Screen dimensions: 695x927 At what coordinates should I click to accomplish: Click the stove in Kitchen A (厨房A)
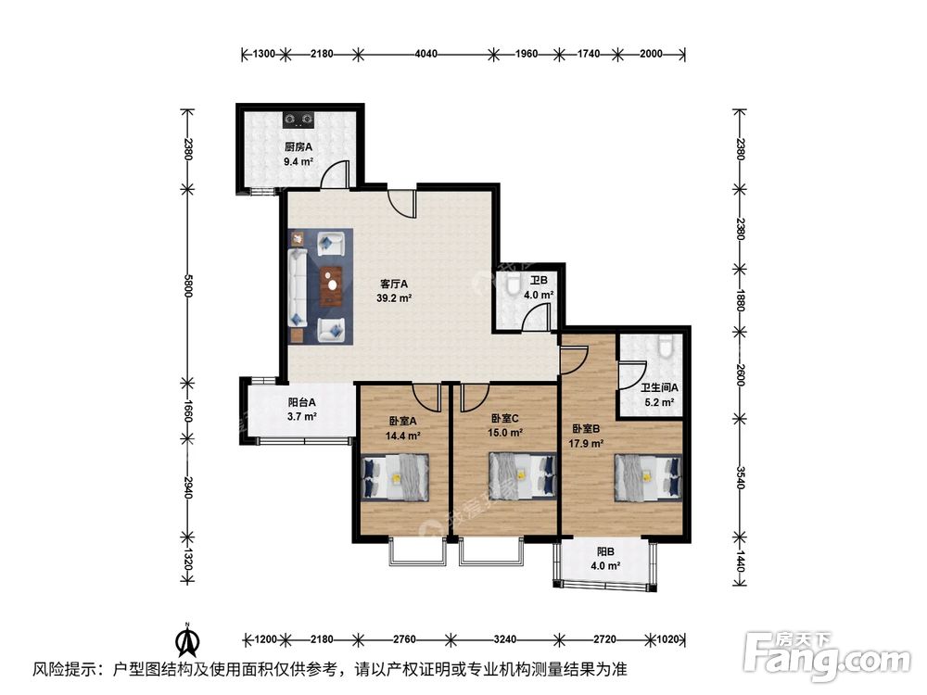point(299,119)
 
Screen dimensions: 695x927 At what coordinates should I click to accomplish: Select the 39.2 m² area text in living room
point(394,298)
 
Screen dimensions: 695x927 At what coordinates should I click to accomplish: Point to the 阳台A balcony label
point(302,402)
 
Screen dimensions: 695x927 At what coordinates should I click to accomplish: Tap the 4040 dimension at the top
point(425,54)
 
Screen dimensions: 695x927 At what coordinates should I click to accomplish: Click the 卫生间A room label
point(660,388)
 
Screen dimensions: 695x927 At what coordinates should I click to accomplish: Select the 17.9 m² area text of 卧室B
point(586,443)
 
